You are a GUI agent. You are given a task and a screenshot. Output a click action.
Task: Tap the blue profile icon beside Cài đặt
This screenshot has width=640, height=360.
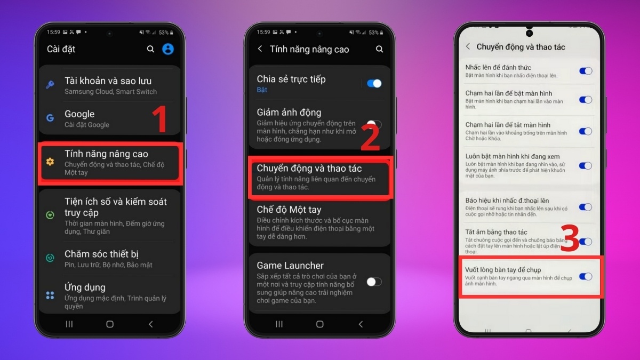(168, 49)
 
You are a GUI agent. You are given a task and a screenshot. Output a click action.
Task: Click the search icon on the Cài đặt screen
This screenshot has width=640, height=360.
(150, 49)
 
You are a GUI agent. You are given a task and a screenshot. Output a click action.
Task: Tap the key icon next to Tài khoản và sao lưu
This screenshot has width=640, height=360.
(50, 85)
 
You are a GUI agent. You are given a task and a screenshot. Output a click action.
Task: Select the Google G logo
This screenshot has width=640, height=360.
(50, 118)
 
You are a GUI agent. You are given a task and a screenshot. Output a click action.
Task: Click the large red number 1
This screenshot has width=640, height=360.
(160, 118)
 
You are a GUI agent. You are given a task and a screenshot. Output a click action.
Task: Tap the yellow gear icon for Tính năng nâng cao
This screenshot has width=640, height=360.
(50, 162)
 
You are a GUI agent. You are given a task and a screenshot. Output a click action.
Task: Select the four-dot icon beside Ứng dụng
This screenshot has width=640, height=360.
(50, 295)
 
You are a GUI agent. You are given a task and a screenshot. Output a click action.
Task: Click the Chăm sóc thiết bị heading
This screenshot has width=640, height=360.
(101, 254)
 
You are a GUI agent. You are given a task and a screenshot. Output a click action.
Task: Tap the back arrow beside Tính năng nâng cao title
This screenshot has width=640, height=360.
(260, 49)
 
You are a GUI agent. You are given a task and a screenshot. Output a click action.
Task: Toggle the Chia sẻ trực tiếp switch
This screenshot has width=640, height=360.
(374, 83)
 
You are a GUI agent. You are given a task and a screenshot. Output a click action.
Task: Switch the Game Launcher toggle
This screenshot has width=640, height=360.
(374, 282)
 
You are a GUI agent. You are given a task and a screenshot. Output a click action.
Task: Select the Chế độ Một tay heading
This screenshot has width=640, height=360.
(289, 210)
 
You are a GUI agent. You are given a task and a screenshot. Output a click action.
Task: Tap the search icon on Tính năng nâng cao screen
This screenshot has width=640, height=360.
(379, 49)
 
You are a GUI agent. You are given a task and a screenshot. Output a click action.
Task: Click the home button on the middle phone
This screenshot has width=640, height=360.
(320, 324)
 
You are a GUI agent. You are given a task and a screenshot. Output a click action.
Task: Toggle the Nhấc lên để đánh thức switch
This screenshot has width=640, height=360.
(586, 71)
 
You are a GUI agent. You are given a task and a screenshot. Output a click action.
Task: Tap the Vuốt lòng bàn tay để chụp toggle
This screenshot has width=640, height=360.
(586, 277)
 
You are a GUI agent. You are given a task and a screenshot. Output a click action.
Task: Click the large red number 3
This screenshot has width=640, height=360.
(570, 238)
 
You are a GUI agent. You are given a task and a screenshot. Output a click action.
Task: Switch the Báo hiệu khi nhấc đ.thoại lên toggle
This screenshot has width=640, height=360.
(586, 207)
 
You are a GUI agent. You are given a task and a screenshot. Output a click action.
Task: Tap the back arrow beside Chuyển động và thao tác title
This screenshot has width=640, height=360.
(468, 46)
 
